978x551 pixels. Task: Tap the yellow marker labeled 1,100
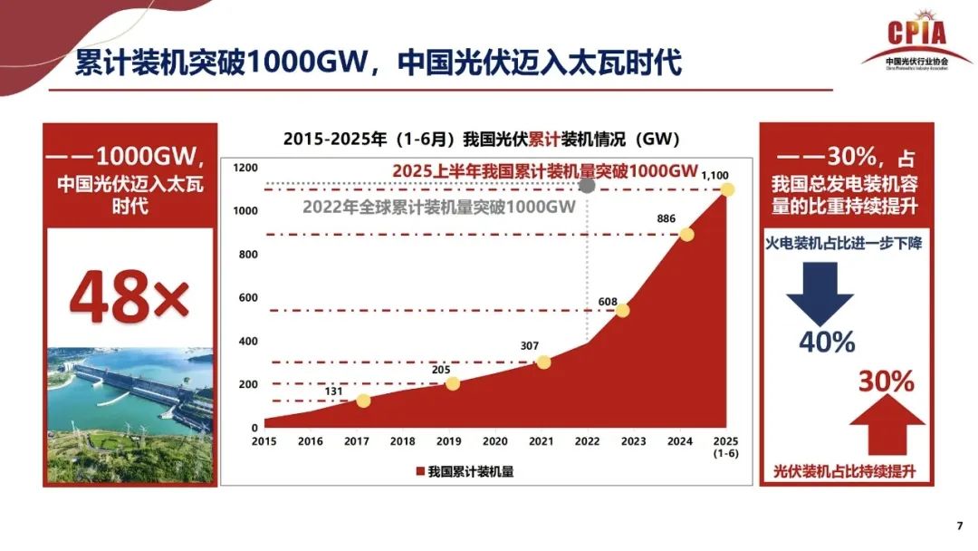(x=726, y=189)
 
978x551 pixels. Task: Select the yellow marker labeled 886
(x=686, y=235)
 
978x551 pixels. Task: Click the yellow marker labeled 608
(x=622, y=311)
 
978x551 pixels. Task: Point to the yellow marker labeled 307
(x=543, y=362)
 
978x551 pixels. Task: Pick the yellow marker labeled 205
(x=453, y=383)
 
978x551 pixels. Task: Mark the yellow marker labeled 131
(x=363, y=401)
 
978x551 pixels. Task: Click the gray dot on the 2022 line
(x=587, y=186)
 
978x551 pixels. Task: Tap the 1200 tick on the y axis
(x=245, y=168)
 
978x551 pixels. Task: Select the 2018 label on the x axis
(x=402, y=441)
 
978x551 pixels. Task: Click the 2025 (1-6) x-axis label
(x=725, y=447)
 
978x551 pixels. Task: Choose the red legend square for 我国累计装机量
(x=420, y=472)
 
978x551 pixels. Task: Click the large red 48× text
(x=129, y=295)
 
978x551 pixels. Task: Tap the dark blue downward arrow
(x=819, y=291)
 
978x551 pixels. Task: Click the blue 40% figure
(x=826, y=343)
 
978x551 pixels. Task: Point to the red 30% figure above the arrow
(x=886, y=382)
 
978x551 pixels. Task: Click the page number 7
(x=959, y=526)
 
